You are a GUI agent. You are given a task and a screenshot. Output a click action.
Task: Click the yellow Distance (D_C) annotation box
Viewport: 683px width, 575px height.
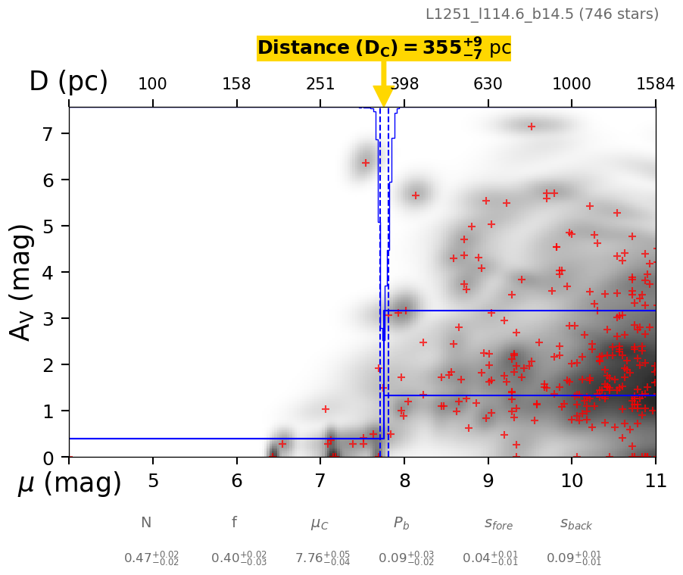[384, 48]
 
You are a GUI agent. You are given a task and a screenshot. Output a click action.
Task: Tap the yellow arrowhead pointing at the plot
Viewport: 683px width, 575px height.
[383, 96]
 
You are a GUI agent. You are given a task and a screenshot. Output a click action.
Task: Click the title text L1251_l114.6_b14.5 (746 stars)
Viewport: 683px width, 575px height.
[541, 14]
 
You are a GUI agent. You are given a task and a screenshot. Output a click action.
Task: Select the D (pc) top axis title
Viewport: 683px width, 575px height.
[68, 82]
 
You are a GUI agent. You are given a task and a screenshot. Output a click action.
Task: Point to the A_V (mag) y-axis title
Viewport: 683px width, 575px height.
[23, 282]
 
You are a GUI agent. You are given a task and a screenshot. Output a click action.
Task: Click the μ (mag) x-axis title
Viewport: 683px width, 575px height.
[70, 483]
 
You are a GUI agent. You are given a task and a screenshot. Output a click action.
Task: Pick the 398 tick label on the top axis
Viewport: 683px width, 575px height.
[404, 83]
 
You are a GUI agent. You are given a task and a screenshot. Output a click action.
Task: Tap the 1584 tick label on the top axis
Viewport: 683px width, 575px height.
[655, 83]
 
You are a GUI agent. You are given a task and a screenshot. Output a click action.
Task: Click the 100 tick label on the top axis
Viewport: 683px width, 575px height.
[152, 83]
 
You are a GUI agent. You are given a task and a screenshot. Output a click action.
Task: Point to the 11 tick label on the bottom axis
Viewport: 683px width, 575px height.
[655, 481]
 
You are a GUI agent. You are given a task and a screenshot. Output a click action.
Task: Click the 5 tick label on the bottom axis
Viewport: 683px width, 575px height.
[153, 481]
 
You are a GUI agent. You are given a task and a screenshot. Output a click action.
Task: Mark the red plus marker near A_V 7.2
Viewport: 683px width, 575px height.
[532, 127]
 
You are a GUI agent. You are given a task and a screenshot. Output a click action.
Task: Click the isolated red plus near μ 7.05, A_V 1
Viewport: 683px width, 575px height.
[326, 409]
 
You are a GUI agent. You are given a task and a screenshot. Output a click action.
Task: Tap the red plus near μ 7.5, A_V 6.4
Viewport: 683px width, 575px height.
[366, 163]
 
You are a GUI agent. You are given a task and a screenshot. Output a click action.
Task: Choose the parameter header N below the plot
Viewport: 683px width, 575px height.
[146, 523]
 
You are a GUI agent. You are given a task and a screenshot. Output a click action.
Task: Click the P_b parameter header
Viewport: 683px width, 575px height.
[402, 523]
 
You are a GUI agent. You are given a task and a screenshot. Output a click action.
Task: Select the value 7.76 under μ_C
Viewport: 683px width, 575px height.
[312, 558]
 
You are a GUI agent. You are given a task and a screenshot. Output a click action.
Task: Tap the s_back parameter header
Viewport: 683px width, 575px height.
[576, 523]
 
